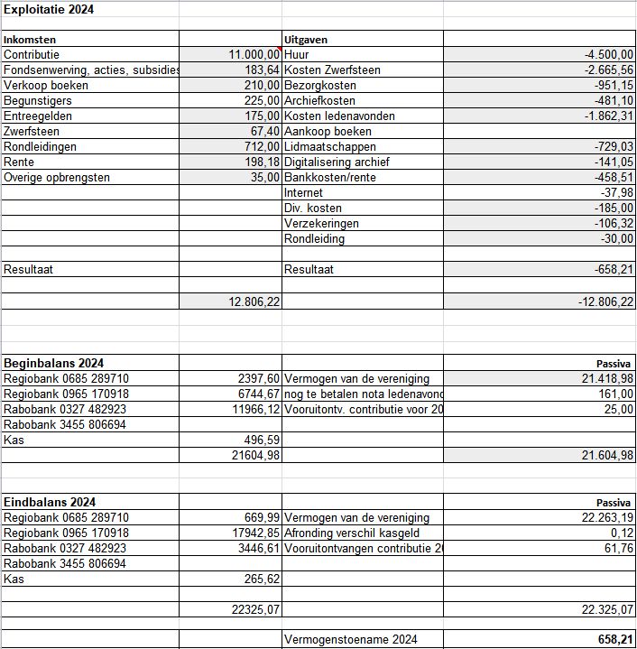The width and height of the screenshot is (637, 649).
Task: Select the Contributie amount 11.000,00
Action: coord(254,55)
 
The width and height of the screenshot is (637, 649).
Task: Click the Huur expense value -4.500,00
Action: coord(609,55)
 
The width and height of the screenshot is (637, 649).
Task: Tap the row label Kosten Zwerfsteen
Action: coord(332,70)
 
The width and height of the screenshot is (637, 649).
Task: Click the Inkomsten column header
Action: coord(30,40)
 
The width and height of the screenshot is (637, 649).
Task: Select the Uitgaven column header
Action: coord(306,40)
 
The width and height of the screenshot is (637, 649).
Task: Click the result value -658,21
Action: coord(613,270)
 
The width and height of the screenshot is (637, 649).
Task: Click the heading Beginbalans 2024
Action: coord(53,363)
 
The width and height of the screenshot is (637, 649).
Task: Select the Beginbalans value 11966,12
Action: coord(258,410)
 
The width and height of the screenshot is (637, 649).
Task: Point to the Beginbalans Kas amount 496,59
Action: coord(262,440)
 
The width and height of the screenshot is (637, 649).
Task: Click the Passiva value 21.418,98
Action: coord(607,379)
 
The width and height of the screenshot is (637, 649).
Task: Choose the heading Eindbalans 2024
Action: coord(50,502)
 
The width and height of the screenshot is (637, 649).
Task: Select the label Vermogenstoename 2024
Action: coord(351,640)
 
